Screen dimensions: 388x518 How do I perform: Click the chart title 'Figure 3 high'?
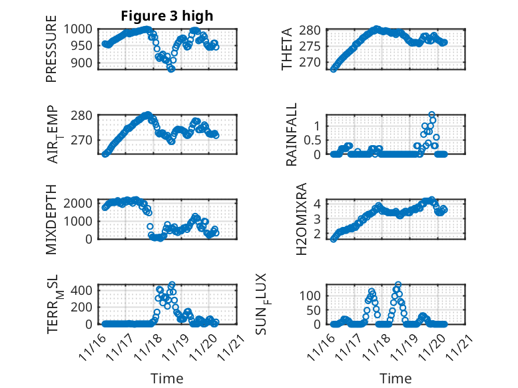[x=167, y=16]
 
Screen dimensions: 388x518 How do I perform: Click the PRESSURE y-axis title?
[x=51, y=53]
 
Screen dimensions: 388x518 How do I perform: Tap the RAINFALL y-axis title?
[x=291, y=134]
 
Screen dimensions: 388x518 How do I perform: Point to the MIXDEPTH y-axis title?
[x=51, y=220]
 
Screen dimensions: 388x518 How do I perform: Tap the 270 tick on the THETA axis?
[x=316, y=63]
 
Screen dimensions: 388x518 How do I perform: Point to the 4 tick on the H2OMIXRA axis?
[x=319, y=203]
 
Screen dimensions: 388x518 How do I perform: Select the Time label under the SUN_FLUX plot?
[x=396, y=379]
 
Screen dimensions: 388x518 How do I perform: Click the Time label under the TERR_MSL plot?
[x=167, y=379]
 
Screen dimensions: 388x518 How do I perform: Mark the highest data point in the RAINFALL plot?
[x=432, y=115]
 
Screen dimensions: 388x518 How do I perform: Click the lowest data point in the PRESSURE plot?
[x=171, y=69]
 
